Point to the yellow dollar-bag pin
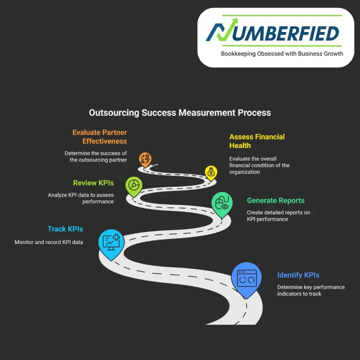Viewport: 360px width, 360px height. tap(211, 173)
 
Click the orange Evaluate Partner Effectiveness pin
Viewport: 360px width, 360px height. tap(144, 159)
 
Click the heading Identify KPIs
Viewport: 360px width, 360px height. tap(298, 275)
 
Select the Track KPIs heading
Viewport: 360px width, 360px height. tap(65, 229)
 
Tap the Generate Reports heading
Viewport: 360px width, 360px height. tap(276, 200)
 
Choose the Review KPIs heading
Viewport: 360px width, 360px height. tap(94, 183)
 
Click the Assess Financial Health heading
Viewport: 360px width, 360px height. tap(257, 141)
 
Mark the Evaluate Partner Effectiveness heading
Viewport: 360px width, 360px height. tap(100, 137)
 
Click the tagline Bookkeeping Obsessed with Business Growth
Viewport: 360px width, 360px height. tap(282, 54)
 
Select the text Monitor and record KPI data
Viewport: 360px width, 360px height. tap(49, 242)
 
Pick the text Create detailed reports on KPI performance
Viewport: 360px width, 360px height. tap(278, 216)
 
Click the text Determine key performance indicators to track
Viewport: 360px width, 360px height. tap(311, 290)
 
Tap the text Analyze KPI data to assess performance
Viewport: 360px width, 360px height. tap(81, 198)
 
